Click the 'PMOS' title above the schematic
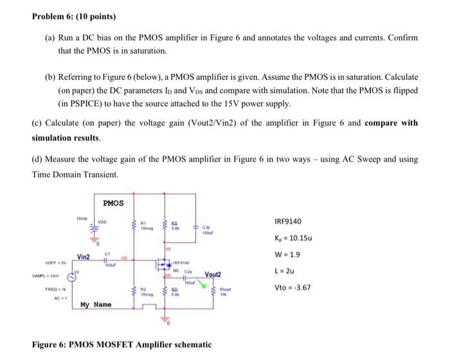pos(113,203)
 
